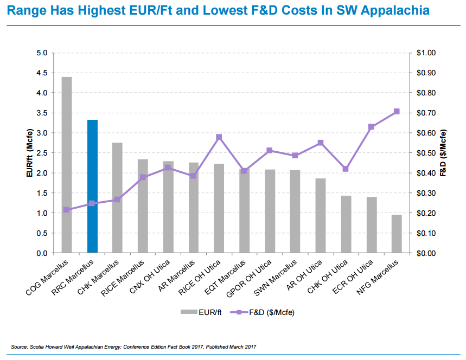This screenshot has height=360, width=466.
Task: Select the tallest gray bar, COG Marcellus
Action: coord(67,165)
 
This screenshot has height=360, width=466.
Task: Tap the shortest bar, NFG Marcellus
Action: coord(397,234)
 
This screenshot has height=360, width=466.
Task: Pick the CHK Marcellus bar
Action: coord(117,198)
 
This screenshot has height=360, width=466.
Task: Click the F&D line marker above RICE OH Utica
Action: coord(219,137)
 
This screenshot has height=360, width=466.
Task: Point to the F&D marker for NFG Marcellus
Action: coord(397,112)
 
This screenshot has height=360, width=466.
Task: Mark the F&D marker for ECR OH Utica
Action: coord(371,127)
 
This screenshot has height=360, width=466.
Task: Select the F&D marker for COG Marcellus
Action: coord(67,209)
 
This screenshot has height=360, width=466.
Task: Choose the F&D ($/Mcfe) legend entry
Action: coord(263,312)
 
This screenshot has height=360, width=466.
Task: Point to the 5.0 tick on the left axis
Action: coord(42,53)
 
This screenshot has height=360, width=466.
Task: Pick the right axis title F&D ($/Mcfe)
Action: coord(443,153)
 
